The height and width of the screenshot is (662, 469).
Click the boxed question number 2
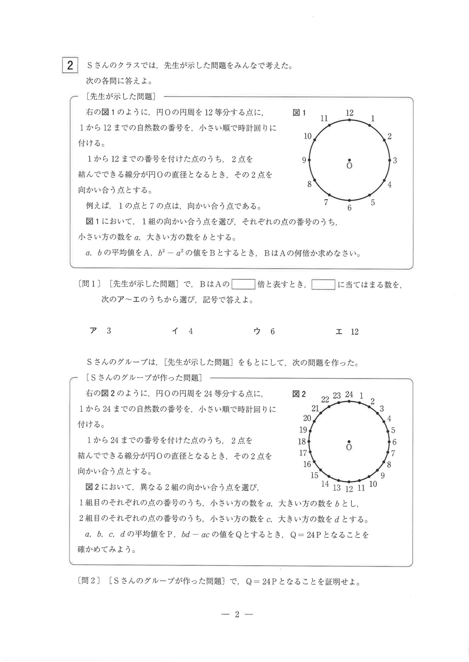tap(70, 65)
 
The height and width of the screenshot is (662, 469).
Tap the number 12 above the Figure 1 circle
tap(350, 113)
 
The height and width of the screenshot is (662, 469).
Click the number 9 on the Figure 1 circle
tap(304, 160)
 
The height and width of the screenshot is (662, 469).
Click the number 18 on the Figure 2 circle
tap(302, 441)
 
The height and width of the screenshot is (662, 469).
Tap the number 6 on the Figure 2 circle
tap(394, 442)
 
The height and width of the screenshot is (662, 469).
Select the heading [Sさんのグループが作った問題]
tap(144, 378)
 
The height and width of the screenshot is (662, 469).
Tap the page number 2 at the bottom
tap(237, 614)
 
